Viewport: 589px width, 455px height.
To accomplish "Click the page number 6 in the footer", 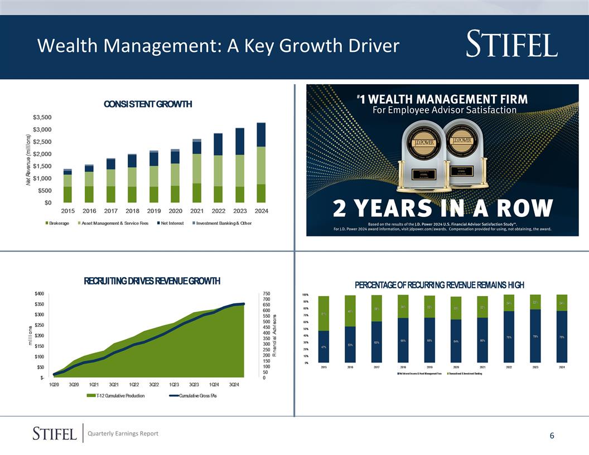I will (x=552, y=436).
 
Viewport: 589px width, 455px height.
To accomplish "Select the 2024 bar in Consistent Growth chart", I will (x=261, y=163).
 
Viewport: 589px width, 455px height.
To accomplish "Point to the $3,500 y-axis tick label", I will (x=42, y=118).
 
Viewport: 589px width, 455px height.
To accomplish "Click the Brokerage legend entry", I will (x=57, y=224).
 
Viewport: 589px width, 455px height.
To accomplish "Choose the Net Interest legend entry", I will (x=170, y=224).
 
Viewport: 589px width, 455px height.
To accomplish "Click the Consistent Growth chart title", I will (x=147, y=104).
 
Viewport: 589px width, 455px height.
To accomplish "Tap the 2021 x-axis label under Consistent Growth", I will (x=196, y=211).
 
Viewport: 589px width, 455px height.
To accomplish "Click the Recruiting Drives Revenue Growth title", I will (x=152, y=280).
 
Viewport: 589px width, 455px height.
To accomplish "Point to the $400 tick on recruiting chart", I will (x=40, y=294).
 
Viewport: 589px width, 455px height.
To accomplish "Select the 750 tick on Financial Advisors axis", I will (x=267, y=294).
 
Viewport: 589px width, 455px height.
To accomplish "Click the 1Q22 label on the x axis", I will (x=134, y=385).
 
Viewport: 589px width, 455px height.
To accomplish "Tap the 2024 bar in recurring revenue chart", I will (x=562, y=328).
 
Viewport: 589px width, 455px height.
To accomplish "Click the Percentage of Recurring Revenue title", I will (x=439, y=285).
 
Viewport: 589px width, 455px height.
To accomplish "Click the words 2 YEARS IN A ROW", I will (x=443, y=210).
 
